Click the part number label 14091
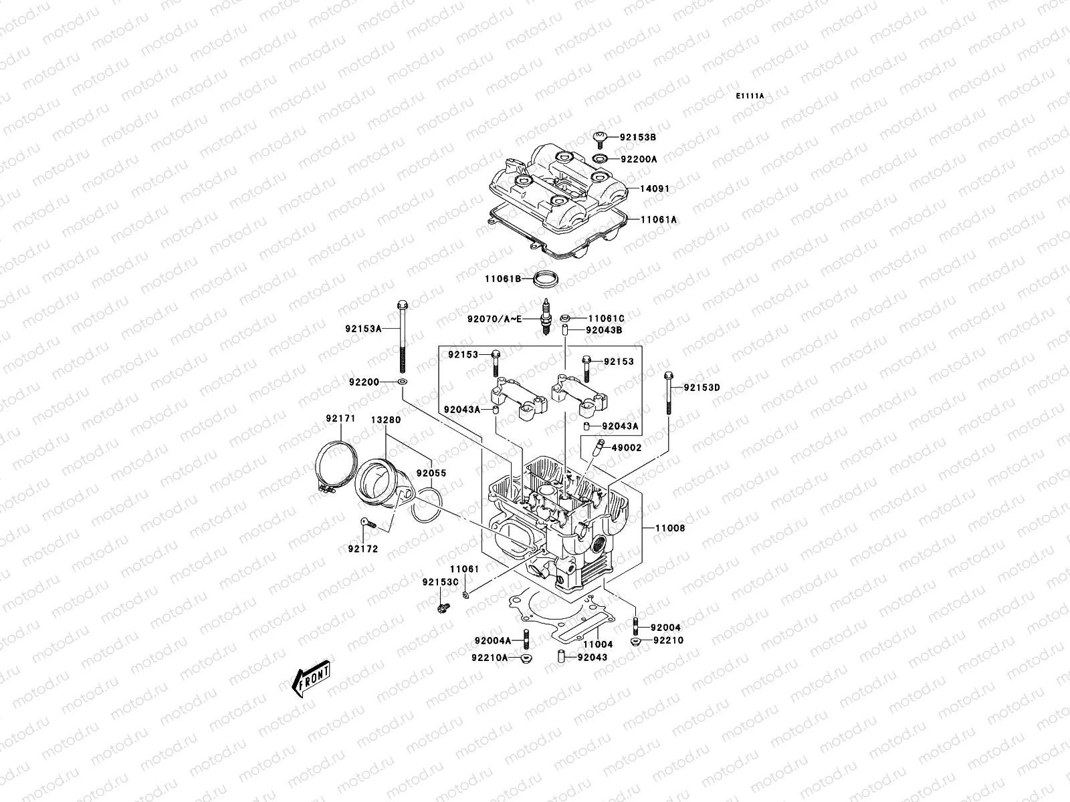tap(654, 189)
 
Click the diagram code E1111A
tap(750, 96)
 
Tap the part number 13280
tap(386, 420)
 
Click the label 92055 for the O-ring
tap(431, 473)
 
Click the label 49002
tap(626, 448)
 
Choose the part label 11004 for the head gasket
tap(597, 645)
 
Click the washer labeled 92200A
tap(601, 160)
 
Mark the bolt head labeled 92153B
tap(601, 138)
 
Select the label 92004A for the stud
tap(493, 640)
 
